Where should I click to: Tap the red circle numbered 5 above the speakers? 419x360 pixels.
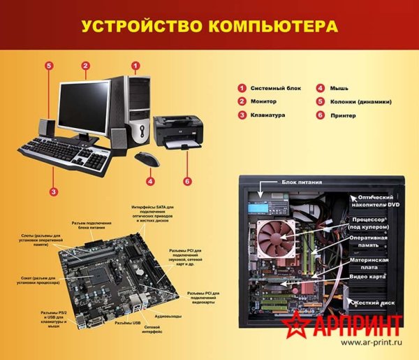49,66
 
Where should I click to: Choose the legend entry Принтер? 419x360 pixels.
344,115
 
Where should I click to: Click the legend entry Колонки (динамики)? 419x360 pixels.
360,102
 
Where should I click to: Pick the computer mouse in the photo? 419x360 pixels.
147,159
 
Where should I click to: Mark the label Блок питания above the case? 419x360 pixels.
299,180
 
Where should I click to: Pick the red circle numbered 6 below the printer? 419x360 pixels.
187,181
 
